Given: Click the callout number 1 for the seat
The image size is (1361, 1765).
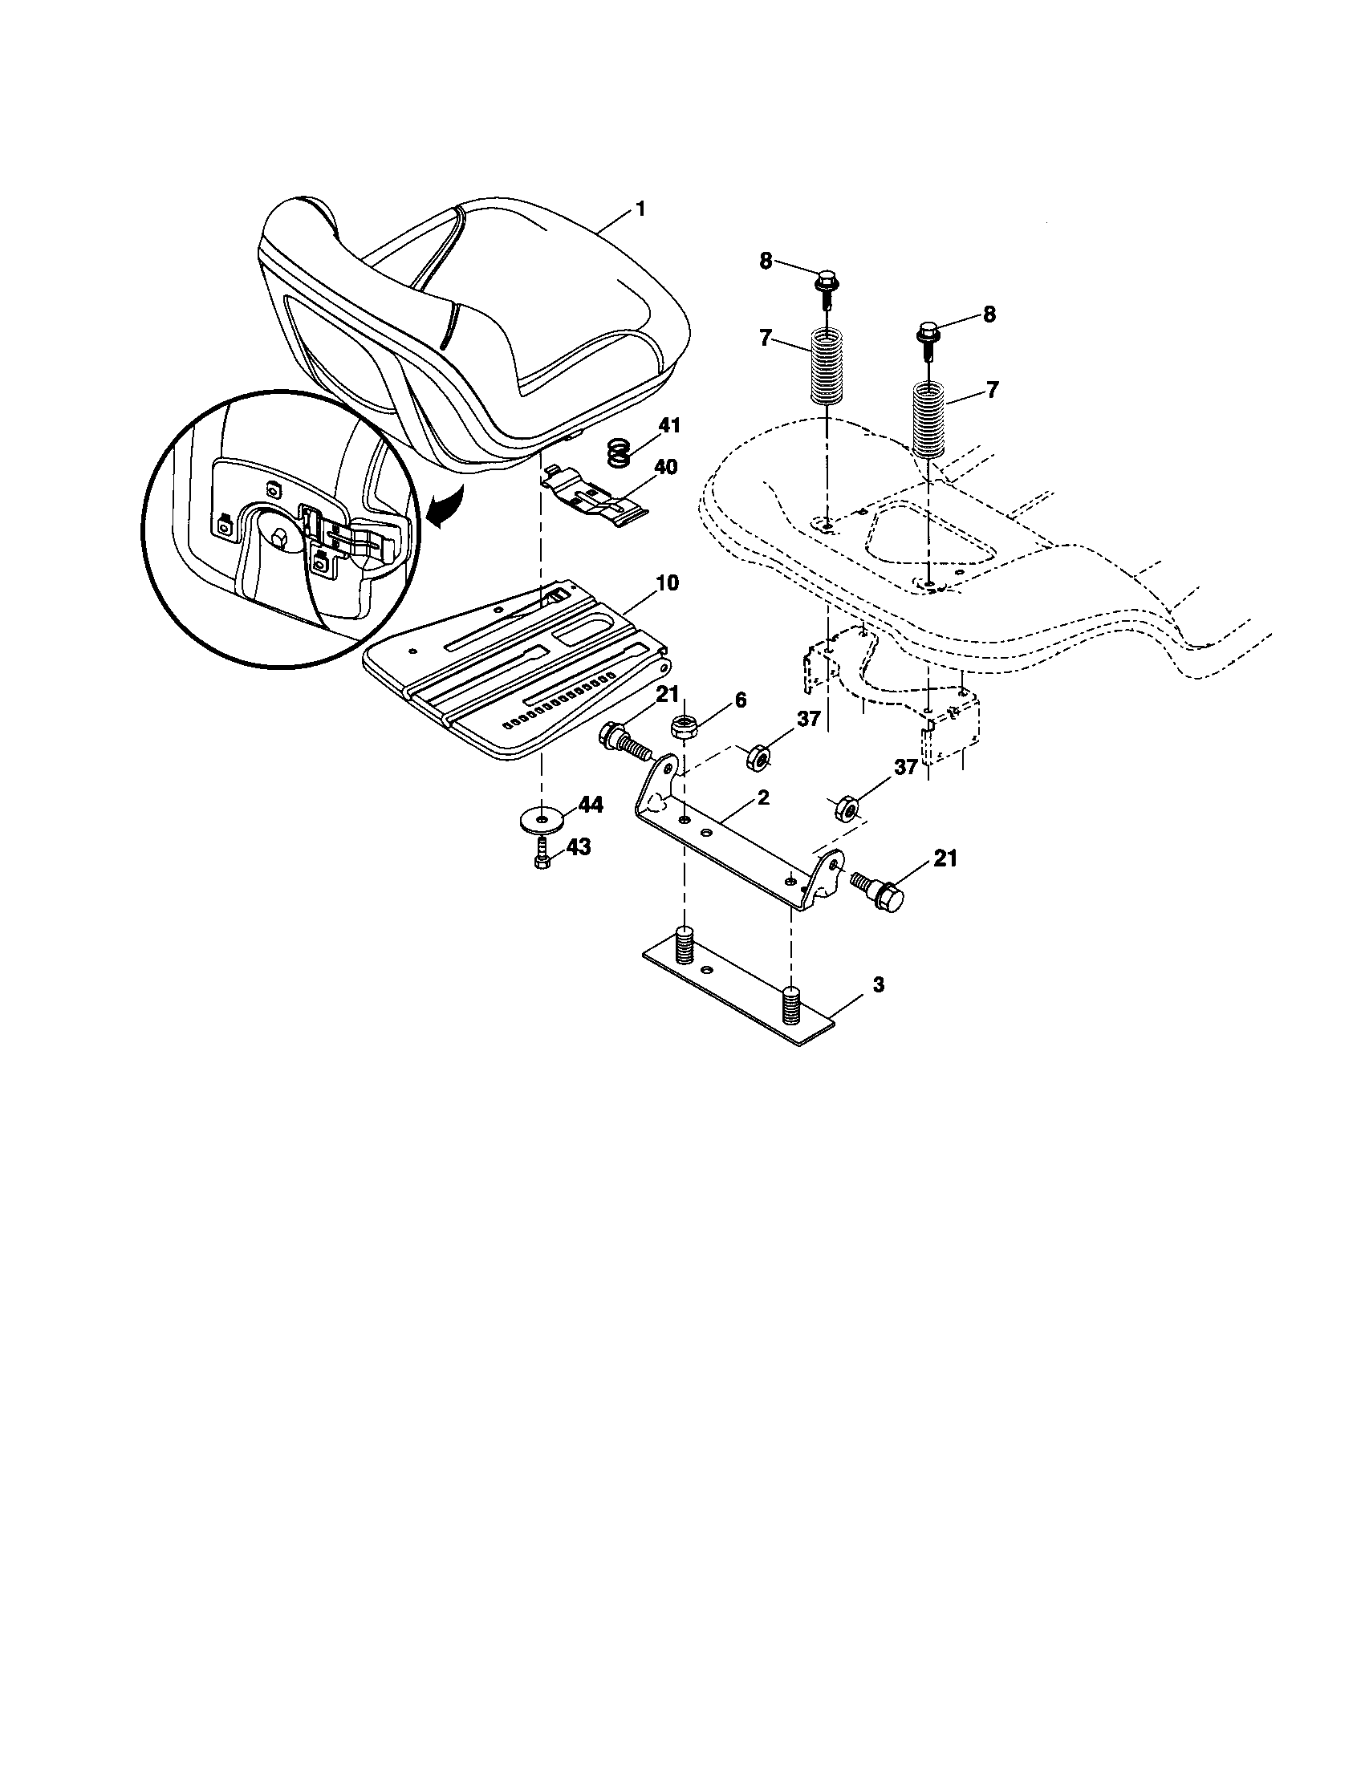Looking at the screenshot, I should coord(640,209).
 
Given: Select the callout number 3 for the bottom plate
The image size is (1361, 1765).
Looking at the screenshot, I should coord(879,985).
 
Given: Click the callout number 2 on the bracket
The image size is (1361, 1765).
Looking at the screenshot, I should coord(763,797).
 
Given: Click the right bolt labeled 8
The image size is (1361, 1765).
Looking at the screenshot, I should coord(928,334).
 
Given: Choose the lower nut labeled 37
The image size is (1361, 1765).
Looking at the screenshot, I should coord(844,806).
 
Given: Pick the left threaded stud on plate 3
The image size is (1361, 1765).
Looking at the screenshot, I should coord(685,944).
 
